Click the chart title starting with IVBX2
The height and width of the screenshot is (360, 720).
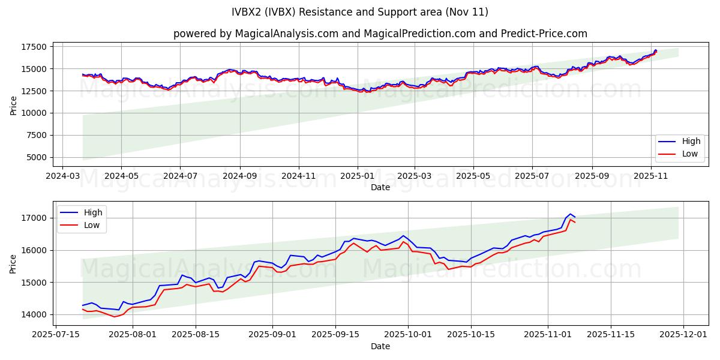click(360, 12)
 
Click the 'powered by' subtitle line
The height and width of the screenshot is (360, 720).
click(380, 34)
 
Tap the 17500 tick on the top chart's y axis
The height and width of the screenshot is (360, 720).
click(34, 47)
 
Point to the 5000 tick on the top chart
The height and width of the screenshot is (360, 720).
click(37, 157)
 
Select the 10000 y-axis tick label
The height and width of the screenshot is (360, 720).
click(34, 113)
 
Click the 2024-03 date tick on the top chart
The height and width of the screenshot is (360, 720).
click(62, 177)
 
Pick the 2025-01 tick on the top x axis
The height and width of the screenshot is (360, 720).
click(357, 177)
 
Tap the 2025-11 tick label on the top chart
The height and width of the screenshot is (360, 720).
click(651, 177)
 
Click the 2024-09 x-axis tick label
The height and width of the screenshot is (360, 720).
click(239, 177)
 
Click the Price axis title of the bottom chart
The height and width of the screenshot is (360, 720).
click(13, 263)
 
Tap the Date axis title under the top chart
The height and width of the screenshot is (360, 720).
click(380, 187)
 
